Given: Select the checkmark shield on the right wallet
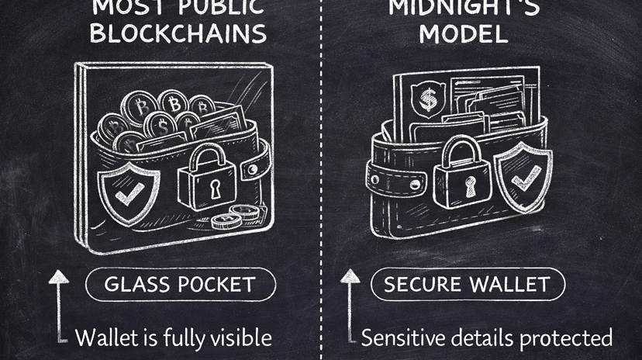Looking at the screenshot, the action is (x=522, y=178).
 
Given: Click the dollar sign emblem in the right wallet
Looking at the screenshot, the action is (x=427, y=99).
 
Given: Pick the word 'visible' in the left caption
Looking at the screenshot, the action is (x=236, y=337).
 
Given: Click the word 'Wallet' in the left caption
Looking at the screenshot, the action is (x=106, y=337).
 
